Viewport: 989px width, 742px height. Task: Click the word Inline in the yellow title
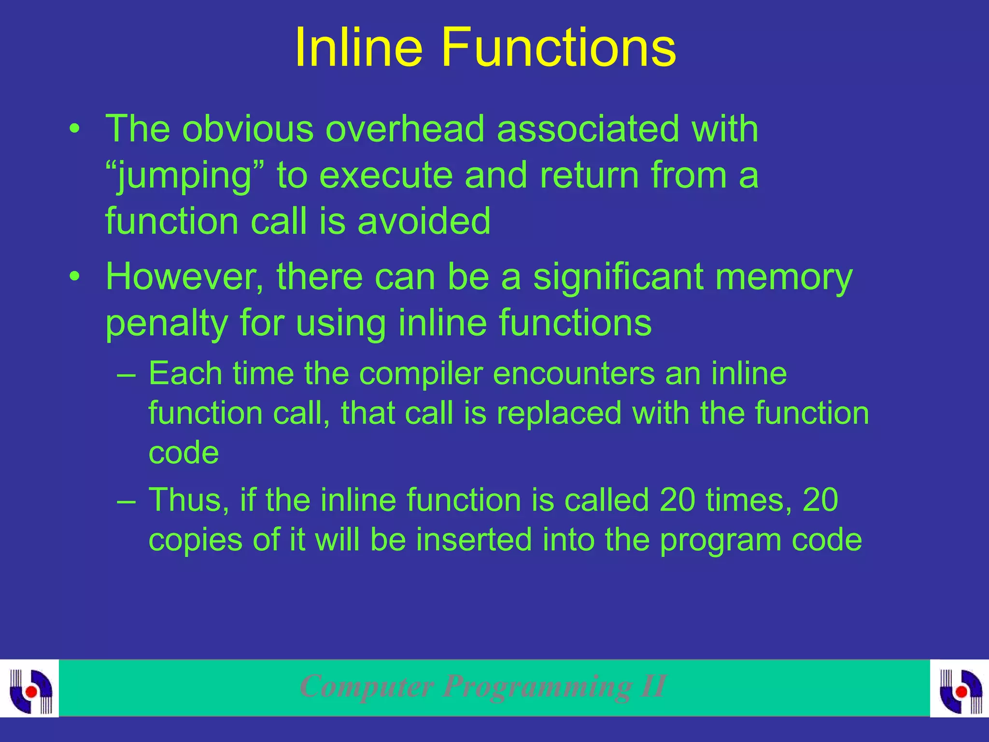point(358,47)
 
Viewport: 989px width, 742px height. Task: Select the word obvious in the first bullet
point(248,129)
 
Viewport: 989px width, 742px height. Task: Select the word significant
point(618,277)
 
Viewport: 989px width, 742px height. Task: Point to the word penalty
point(167,324)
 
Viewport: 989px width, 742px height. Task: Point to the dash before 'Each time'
point(127,375)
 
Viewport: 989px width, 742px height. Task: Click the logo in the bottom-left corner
point(30,688)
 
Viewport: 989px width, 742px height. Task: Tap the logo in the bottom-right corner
point(960,688)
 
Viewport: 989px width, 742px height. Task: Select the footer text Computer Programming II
point(483,686)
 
